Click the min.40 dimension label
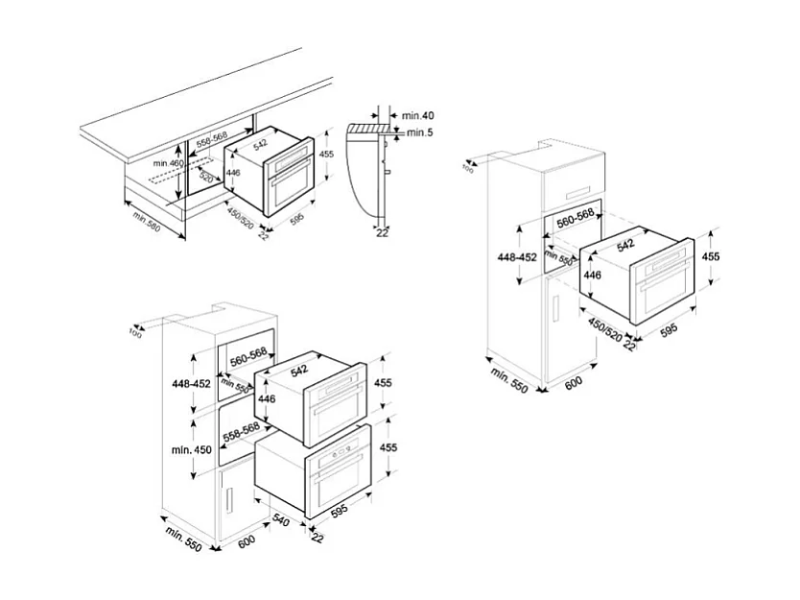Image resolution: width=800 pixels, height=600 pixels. click(418, 115)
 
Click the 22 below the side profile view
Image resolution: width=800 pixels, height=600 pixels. click(382, 231)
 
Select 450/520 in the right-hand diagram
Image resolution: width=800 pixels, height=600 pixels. click(603, 328)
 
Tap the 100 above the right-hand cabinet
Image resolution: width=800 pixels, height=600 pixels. click(468, 169)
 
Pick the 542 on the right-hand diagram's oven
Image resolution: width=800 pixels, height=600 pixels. click(625, 246)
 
